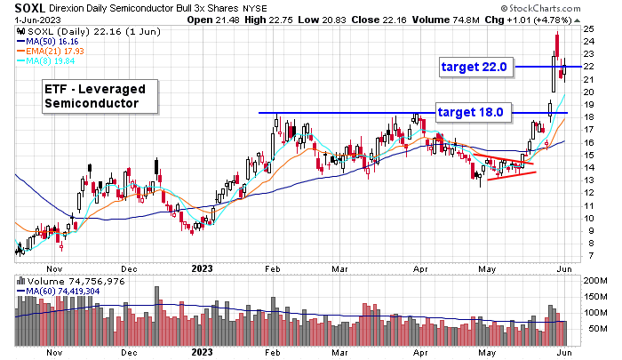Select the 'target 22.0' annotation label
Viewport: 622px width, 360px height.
474,67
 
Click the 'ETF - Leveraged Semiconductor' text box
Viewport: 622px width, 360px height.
100,97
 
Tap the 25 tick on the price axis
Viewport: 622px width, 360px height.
588,28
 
